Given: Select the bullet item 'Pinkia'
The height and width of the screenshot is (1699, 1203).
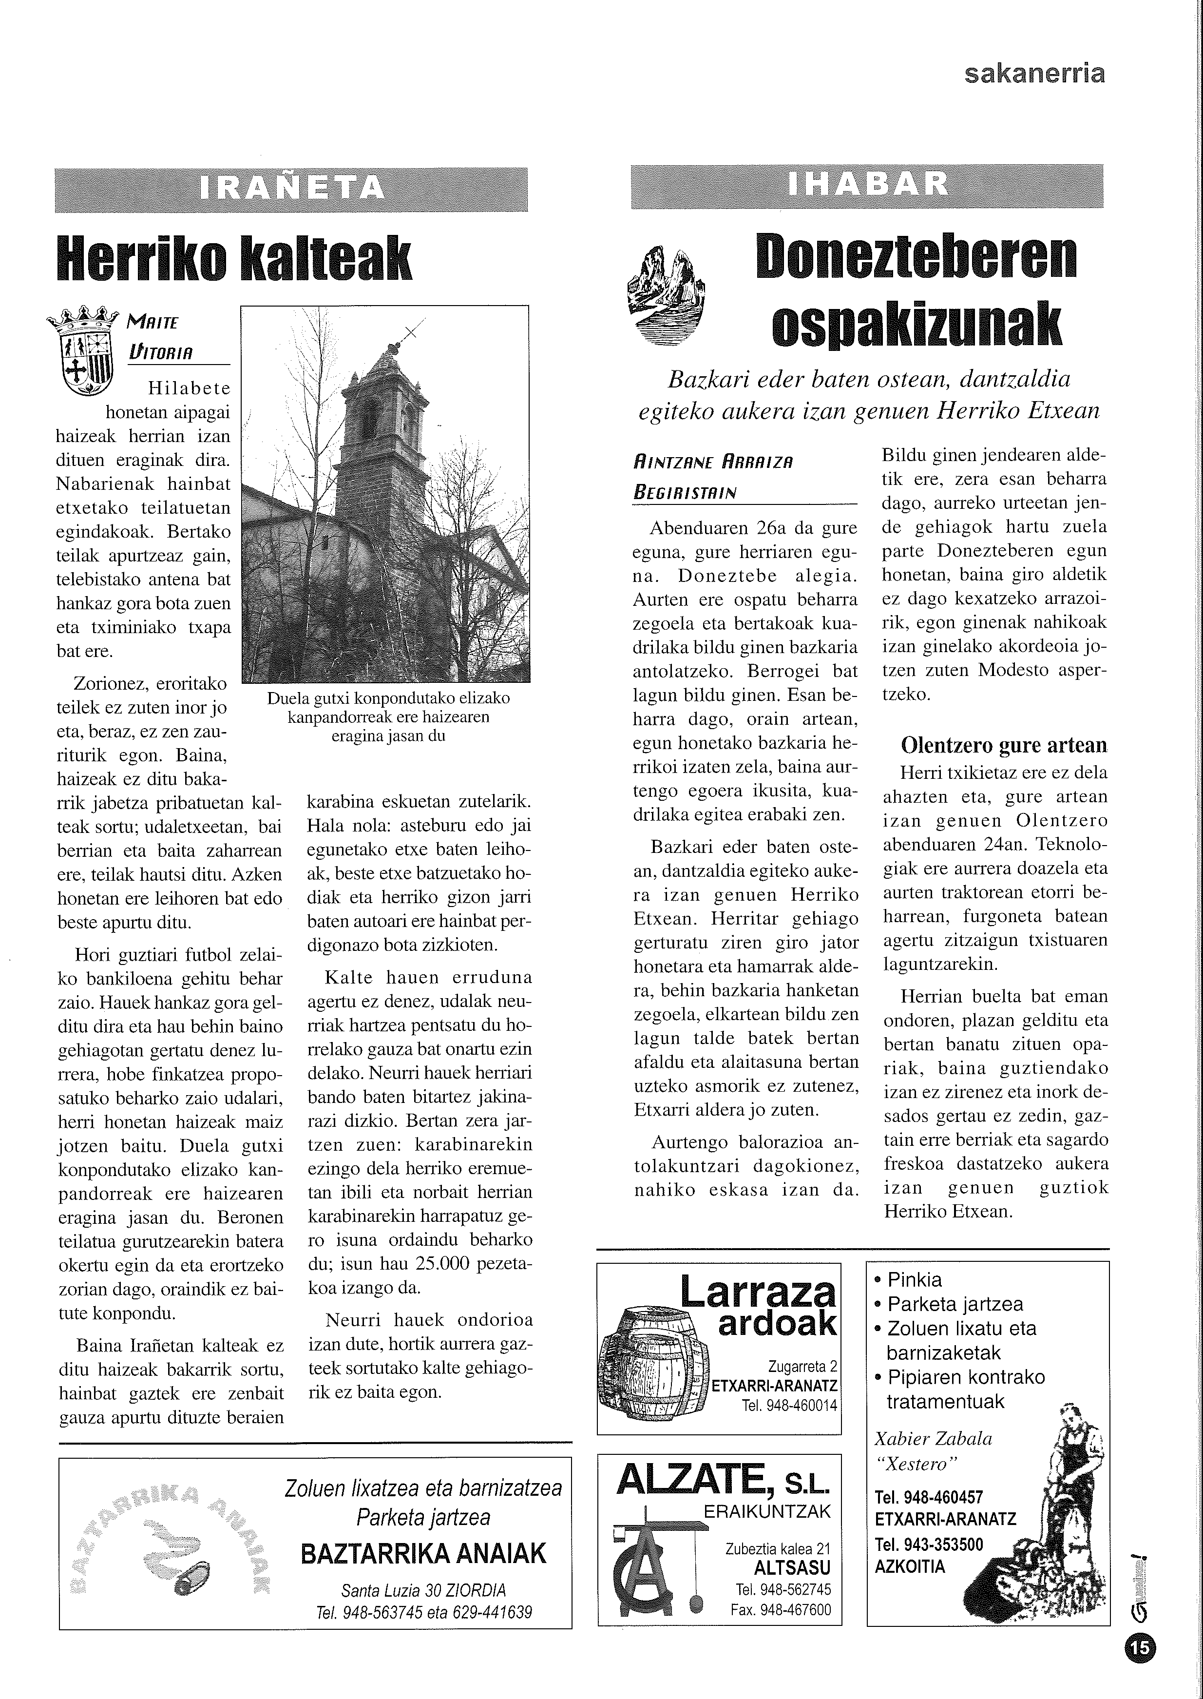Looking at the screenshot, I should tap(914, 1280).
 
